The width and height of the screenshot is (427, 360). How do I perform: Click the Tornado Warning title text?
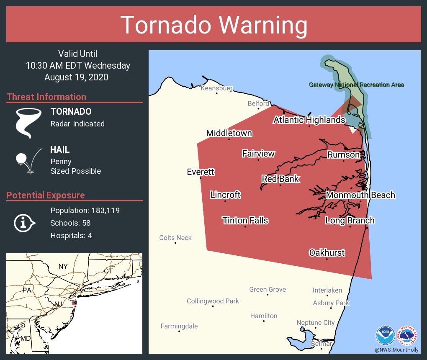coord(213,25)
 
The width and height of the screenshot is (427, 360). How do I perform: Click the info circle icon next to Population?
coord(25,223)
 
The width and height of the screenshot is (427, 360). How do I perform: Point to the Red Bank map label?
coord(280,179)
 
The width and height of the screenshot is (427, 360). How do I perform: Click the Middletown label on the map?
coord(229,133)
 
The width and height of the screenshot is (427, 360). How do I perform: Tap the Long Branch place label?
coord(350,221)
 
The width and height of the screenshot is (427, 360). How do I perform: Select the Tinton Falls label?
coord(245,221)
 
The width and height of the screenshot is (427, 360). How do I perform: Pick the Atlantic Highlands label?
coord(309,120)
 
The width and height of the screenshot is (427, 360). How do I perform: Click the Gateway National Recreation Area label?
coord(356,85)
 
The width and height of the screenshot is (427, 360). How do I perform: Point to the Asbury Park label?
coord(331,303)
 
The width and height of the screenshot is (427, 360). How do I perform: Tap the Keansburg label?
coord(216,88)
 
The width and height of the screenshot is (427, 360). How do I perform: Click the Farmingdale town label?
coord(179,326)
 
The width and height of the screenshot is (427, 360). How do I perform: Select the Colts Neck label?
coord(175,238)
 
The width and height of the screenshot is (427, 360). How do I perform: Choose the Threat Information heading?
coord(46,97)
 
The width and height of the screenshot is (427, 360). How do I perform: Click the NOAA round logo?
coord(385,336)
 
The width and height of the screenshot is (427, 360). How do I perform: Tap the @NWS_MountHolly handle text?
coord(396,350)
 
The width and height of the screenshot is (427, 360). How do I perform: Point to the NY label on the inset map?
coord(63,267)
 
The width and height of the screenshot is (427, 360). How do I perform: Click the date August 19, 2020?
coord(76,77)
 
